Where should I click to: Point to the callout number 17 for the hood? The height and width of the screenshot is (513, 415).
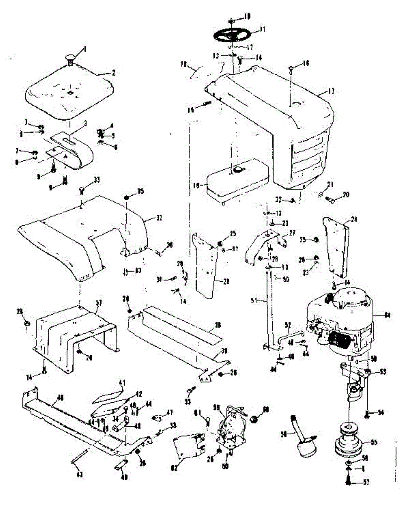coord(332,91)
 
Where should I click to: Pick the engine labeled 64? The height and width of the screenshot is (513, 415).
coord(342,321)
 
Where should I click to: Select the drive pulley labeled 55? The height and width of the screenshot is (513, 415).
coord(349,440)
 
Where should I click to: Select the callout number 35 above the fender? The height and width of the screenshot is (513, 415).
coord(141,191)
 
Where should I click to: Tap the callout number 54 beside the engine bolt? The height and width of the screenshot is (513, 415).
coord(380,412)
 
